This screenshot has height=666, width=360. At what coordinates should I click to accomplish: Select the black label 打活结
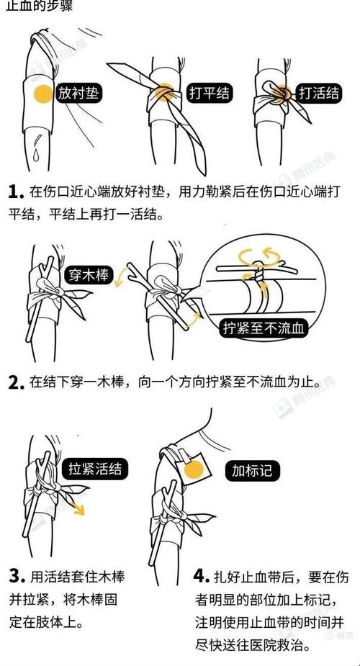coord(319,93)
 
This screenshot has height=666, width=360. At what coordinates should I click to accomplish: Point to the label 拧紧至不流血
coord(264,330)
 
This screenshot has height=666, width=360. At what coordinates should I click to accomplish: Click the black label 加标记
coord(251,471)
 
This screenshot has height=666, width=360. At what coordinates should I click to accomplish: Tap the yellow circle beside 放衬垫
coord(44,94)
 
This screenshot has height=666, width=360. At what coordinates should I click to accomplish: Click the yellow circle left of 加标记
coord(194,471)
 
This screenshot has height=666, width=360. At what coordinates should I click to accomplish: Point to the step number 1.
coord(16,192)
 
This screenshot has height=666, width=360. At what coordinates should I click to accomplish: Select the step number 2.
coord(16,382)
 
